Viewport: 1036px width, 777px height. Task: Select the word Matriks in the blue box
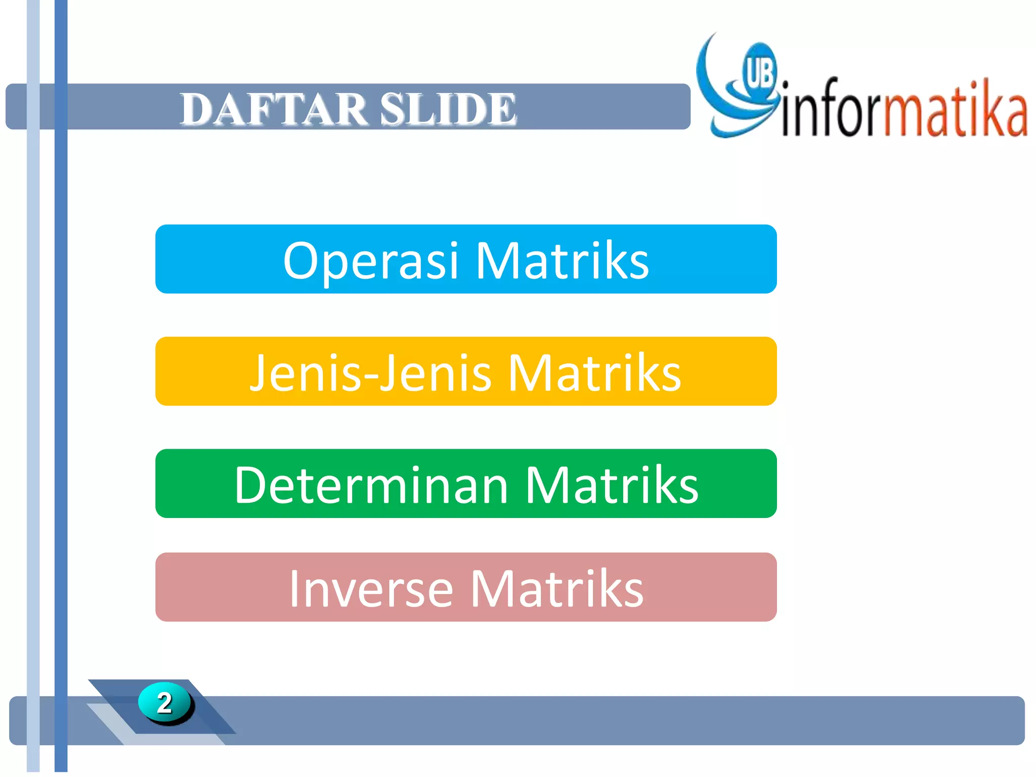point(562,261)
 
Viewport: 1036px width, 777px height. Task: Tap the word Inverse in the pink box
point(371,589)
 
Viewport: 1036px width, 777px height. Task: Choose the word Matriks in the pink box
point(557,589)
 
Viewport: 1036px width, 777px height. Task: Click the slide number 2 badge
point(164,703)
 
